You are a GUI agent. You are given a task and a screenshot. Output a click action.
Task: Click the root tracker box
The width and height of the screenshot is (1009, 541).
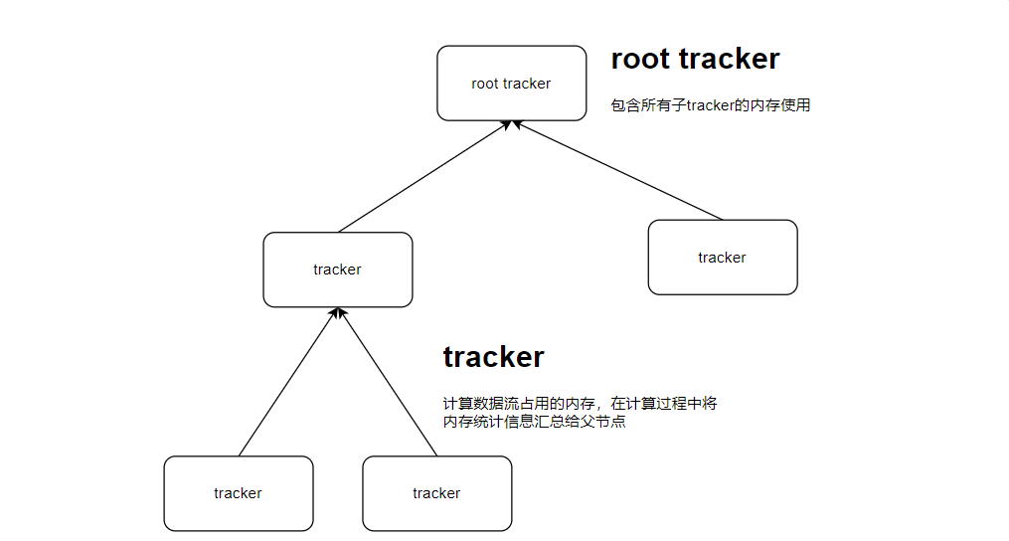[x=511, y=84]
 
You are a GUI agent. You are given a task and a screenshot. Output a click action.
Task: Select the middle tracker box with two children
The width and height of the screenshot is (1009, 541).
[x=337, y=270]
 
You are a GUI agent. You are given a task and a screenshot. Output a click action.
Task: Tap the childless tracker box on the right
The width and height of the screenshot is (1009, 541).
[x=722, y=258]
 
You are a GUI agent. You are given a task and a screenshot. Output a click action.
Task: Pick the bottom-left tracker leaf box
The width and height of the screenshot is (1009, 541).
[x=238, y=493]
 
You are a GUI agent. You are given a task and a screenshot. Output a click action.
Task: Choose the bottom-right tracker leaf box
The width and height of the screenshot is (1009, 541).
[x=436, y=493]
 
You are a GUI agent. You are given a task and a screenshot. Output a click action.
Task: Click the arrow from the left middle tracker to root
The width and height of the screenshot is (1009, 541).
[x=422, y=177]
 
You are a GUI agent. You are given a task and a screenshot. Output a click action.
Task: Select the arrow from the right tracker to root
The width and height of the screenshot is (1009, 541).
[x=616, y=170]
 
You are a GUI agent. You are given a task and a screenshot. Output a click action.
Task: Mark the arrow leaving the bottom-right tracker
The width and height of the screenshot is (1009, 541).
[x=389, y=382]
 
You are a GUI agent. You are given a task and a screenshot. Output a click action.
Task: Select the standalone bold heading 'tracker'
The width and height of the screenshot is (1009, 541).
[x=493, y=356]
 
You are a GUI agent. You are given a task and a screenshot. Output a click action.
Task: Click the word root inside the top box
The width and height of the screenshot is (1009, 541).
[x=485, y=84]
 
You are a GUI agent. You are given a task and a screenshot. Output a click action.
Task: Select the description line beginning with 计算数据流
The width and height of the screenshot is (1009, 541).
[x=580, y=404]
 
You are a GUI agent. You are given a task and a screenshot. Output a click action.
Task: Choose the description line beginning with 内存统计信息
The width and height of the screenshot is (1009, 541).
[x=534, y=422]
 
